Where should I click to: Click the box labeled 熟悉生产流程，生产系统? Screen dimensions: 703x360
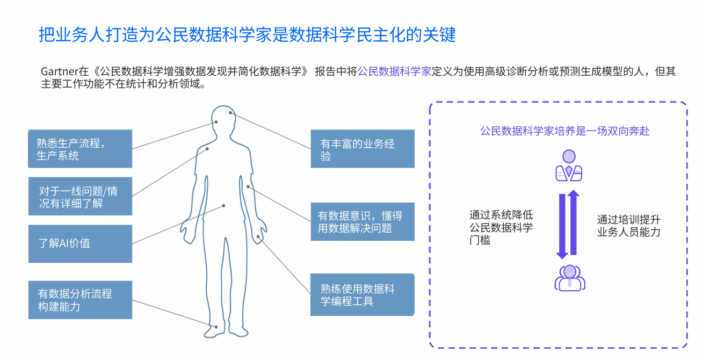point(80,149)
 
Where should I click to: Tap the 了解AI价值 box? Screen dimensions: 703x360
point(80,243)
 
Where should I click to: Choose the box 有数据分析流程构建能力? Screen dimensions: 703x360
point(80,300)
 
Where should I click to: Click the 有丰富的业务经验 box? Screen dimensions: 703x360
point(363,149)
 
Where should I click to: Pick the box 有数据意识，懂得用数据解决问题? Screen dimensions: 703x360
point(363,221)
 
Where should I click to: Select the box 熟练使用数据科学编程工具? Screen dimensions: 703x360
point(363,294)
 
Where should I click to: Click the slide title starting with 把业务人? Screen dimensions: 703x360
point(247,35)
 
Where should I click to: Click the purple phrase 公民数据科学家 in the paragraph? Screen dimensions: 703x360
point(395,71)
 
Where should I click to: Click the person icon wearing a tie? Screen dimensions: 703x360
point(568,165)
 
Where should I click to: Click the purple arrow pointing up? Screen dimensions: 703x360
point(574,222)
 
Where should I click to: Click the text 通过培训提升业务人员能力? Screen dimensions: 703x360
point(628,226)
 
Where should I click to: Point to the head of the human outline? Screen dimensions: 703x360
point(223,121)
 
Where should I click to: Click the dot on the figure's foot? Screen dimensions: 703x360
point(215,326)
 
